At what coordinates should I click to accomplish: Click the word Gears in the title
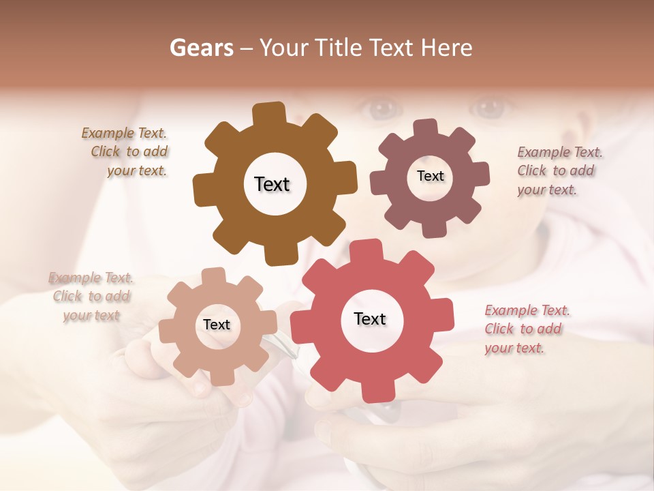pos(202,48)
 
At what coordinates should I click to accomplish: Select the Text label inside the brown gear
pos(272,184)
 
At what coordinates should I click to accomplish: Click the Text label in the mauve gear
pos(430,176)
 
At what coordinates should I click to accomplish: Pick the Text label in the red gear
pos(370,318)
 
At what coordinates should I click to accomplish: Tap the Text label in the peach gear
pos(217,325)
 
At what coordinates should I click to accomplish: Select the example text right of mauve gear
pos(559,170)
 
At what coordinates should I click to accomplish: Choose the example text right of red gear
pos(526,329)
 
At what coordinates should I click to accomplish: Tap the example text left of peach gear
pos(91,297)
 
